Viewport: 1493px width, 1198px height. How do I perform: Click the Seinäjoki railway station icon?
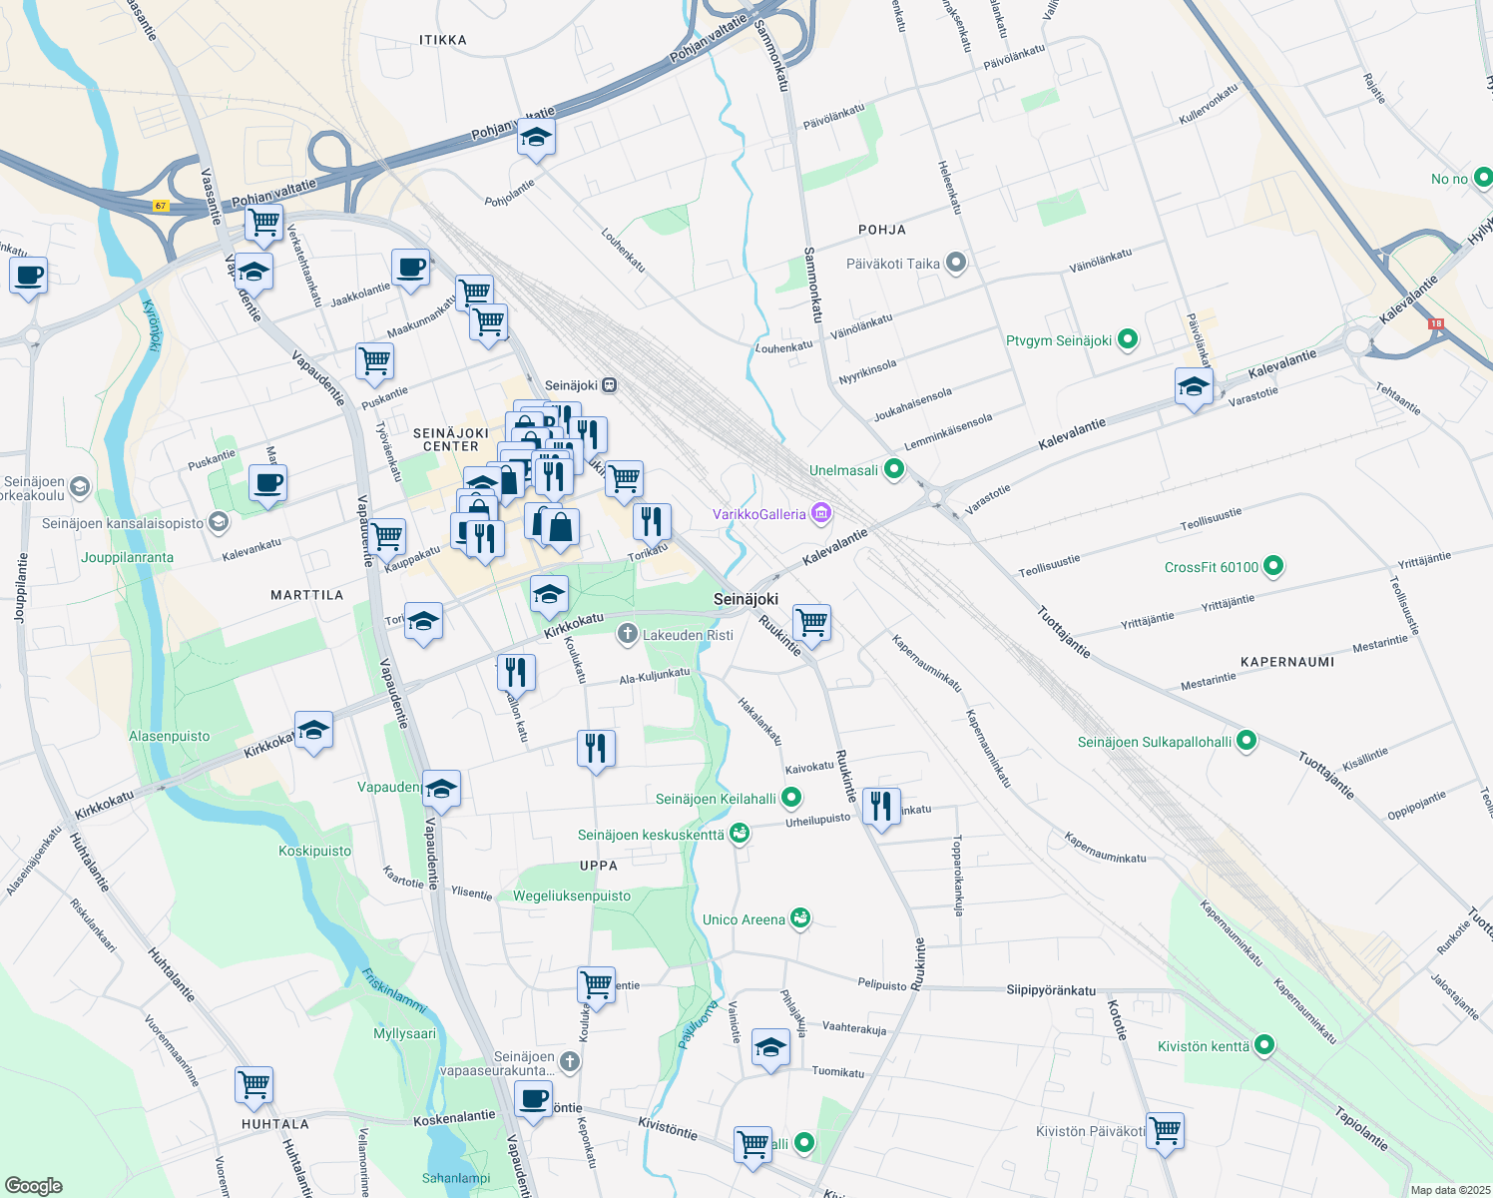click(x=609, y=385)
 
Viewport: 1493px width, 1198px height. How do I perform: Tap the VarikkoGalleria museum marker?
click(x=821, y=514)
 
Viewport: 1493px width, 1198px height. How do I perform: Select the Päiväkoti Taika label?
click(x=893, y=264)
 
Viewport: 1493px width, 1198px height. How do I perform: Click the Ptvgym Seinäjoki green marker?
click(x=1128, y=340)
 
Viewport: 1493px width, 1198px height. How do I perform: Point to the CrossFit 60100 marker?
click(x=1272, y=567)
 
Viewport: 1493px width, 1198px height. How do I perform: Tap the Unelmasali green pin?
click(x=893, y=470)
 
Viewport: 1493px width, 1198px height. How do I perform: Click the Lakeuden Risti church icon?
click(x=628, y=634)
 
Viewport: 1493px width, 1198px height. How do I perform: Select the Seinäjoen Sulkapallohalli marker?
click(x=1245, y=742)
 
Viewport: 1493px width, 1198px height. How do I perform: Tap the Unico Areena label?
click(x=744, y=919)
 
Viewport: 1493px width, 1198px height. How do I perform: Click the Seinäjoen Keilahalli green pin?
click(x=791, y=798)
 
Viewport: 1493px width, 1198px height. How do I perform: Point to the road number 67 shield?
click(x=161, y=207)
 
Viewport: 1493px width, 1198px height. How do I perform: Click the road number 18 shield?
click(x=1436, y=323)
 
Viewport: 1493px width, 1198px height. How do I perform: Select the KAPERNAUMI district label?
click(x=1286, y=662)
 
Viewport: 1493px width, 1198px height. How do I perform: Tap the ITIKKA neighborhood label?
click(x=443, y=40)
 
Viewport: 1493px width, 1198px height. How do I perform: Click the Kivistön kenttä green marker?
click(x=1264, y=1046)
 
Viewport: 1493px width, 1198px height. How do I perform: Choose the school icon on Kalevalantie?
click(x=1194, y=386)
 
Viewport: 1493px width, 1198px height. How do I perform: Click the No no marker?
click(x=1483, y=179)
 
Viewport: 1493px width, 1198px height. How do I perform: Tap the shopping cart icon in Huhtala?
click(x=254, y=1083)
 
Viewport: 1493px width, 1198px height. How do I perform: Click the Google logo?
click(x=34, y=1186)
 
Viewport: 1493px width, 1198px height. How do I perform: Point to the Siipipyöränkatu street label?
click(x=1051, y=990)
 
